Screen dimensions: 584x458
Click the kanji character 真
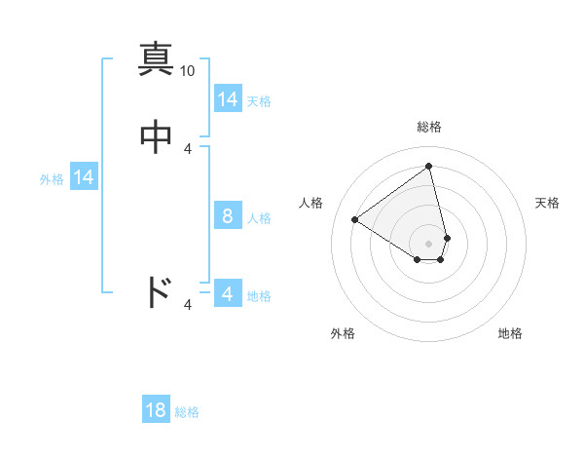click(x=156, y=58)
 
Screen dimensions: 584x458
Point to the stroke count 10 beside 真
click(x=188, y=71)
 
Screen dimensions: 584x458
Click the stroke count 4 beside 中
click(x=188, y=149)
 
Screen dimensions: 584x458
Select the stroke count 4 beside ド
click(x=188, y=306)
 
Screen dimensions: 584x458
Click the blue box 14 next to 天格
click(x=228, y=99)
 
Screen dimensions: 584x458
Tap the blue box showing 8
click(x=228, y=216)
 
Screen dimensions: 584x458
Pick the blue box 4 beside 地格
click(x=228, y=294)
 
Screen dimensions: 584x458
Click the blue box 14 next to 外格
click(x=84, y=177)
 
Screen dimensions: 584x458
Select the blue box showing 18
click(x=156, y=410)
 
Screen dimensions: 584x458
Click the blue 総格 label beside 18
click(x=187, y=412)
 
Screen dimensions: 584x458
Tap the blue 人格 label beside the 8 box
click(x=259, y=218)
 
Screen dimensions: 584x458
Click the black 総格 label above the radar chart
click(x=428, y=127)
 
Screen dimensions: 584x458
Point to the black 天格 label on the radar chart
click(x=547, y=203)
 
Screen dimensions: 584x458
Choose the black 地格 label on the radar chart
click(x=510, y=333)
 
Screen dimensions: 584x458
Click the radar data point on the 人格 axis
click(x=355, y=219)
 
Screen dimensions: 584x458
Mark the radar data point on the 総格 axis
click(x=428, y=166)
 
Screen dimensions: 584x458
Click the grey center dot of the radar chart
click(x=428, y=243)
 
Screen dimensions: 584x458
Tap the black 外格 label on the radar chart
click(x=343, y=333)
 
